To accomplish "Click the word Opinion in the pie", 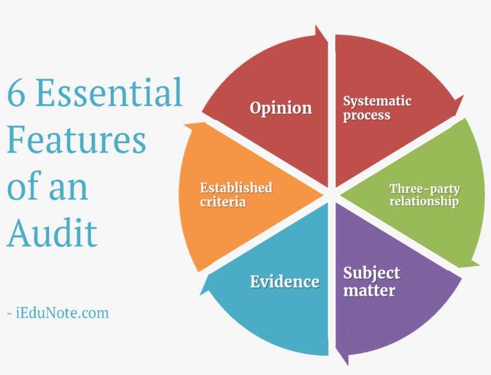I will click(281, 108).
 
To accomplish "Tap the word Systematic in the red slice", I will click(377, 101).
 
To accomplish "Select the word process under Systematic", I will click(366, 115).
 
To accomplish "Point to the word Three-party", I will click(425, 189).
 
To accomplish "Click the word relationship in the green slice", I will click(424, 202).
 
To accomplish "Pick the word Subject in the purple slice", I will click(371, 274).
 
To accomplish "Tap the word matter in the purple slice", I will click(369, 291).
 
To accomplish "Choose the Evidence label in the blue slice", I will click(284, 282).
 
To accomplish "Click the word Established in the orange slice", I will click(236, 187).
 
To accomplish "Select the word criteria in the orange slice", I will click(223, 202).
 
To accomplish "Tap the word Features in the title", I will click(77, 139).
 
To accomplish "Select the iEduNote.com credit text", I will click(58, 313).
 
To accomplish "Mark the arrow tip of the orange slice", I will click(187, 126).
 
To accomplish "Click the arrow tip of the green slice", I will click(478, 262).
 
